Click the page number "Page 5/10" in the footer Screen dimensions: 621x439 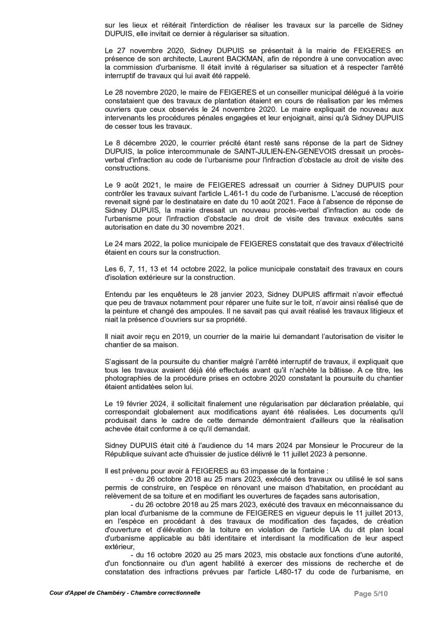pyautogui.click(x=371, y=593)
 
